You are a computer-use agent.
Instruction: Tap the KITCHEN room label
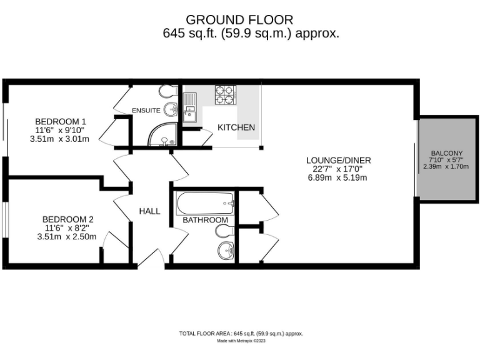[236, 127]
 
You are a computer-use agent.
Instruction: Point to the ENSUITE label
[146, 111]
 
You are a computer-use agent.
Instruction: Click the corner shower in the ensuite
[161, 134]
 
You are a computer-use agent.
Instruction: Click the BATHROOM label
[205, 220]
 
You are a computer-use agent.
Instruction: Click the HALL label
[149, 211]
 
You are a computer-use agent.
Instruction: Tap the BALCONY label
[446, 153]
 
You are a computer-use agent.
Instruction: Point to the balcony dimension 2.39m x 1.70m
[446, 168]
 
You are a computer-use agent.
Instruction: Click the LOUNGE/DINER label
[337, 159]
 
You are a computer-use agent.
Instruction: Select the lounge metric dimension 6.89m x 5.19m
[337, 177]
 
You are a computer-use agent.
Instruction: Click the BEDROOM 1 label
[60, 121]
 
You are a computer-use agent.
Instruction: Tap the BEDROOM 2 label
[67, 219]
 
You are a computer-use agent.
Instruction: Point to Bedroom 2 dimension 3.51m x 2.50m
[67, 237]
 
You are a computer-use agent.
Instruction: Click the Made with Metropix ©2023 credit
[241, 341]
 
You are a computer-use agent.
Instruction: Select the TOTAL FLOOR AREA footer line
[241, 334]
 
